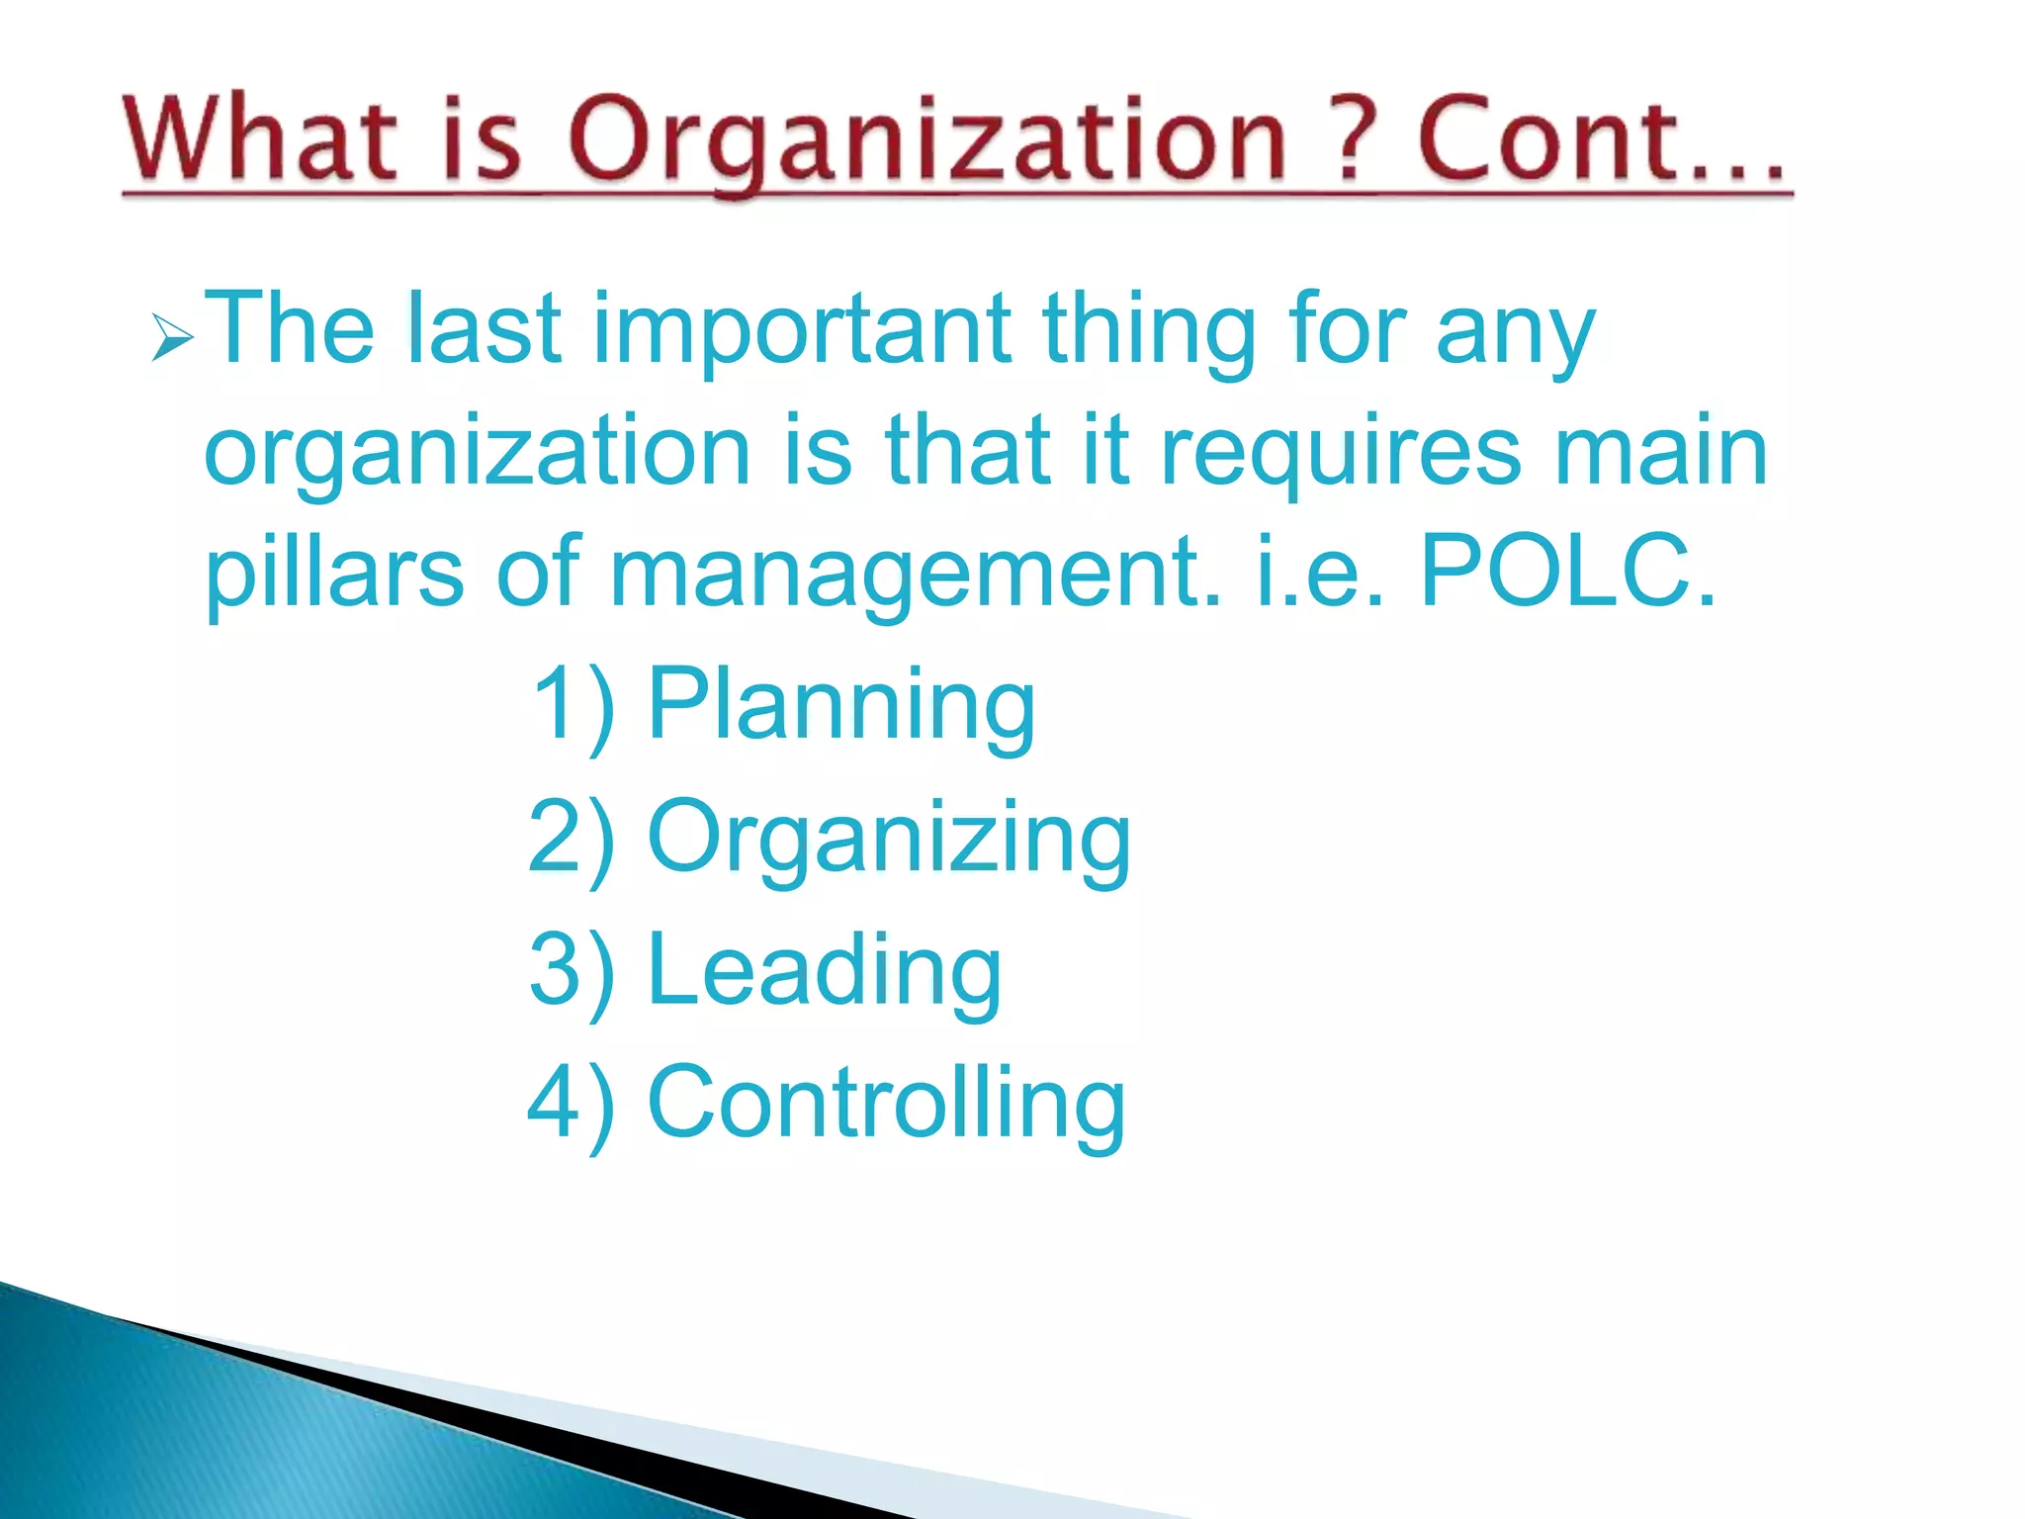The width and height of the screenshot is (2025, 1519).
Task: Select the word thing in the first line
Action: point(1148,331)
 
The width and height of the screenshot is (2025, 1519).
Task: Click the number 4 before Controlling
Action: point(553,1102)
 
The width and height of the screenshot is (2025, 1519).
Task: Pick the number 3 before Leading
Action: point(554,968)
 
